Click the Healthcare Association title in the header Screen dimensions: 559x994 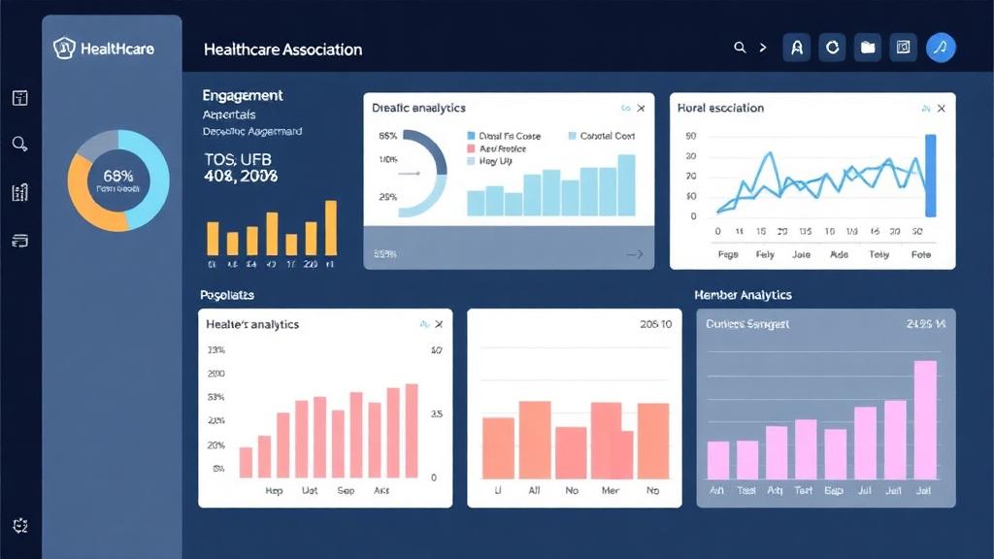[282, 49]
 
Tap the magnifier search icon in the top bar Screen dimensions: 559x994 [740, 47]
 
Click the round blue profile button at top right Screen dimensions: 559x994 [941, 47]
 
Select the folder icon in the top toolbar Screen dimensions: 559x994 [868, 47]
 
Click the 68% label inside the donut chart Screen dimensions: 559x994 [117, 176]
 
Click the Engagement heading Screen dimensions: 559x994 [243, 95]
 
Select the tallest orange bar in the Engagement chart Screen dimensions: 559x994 [331, 227]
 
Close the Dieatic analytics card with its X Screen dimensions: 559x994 [641, 109]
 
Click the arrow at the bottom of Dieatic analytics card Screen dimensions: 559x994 [635, 254]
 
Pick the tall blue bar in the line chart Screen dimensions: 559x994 [931, 175]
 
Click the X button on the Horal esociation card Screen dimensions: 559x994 [941, 109]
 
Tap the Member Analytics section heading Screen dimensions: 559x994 [743, 294]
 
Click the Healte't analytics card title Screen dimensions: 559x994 [253, 324]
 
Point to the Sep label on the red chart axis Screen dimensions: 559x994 [347, 491]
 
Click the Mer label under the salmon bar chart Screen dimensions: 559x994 [611, 491]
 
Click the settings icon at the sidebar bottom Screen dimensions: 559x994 [20, 525]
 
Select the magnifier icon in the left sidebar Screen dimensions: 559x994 [19, 144]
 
